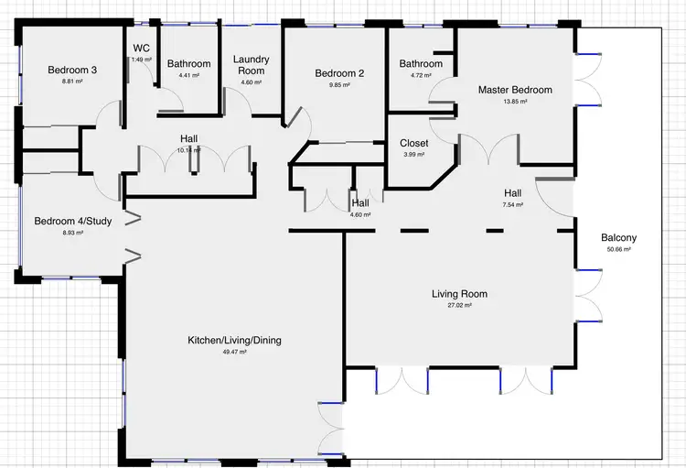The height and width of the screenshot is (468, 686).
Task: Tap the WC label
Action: (x=141, y=49)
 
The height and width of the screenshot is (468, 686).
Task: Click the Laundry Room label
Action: (x=251, y=64)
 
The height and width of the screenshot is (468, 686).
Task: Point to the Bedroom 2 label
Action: (x=339, y=74)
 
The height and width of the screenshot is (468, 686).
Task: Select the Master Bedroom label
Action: (x=515, y=90)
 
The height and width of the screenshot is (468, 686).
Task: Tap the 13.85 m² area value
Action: (x=515, y=102)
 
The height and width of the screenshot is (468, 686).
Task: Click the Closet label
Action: (x=414, y=143)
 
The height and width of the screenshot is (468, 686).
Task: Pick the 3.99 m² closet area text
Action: (x=414, y=155)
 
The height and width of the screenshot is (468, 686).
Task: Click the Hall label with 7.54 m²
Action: (x=512, y=193)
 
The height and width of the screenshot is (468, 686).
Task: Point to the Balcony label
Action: (x=618, y=238)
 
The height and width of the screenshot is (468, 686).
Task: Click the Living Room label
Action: (x=459, y=294)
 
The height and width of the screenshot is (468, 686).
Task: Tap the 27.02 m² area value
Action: (x=459, y=306)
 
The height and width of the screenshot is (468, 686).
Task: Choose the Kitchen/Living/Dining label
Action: (x=234, y=340)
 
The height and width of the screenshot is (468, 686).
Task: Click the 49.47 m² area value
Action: (x=234, y=352)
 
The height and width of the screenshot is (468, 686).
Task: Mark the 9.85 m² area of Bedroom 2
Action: (x=339, y=86)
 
